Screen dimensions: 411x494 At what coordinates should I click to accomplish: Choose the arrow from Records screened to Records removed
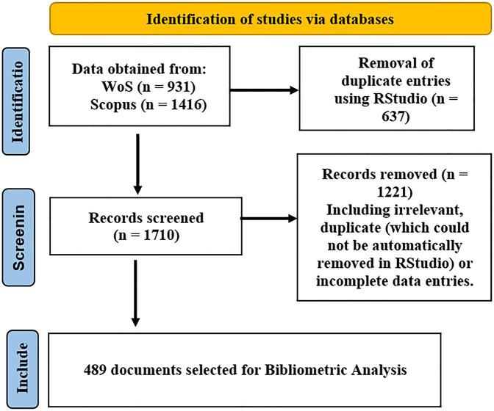268,217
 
